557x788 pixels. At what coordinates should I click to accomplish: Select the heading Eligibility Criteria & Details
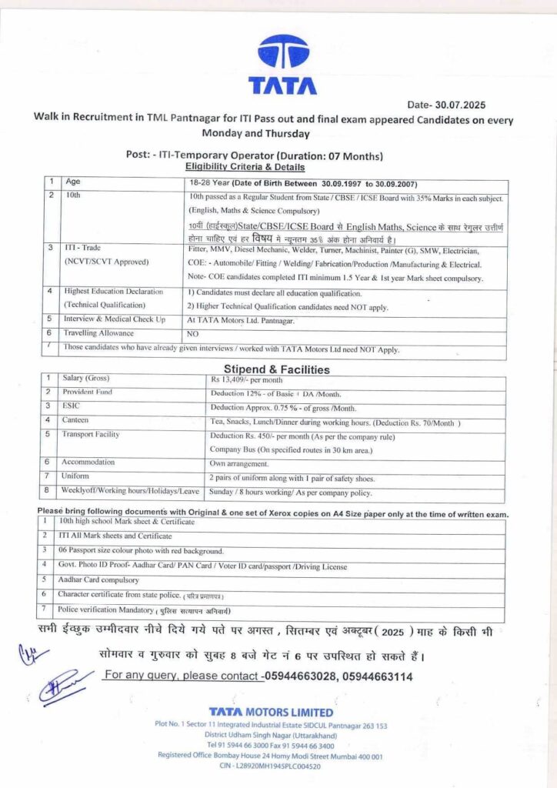click(245, 166)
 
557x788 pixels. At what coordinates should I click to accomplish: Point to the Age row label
click(73, 182)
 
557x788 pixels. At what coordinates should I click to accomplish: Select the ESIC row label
click(72, 406)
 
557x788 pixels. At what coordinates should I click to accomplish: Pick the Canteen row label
click(76, 420)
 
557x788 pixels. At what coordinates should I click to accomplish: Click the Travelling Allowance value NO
click(193, 335)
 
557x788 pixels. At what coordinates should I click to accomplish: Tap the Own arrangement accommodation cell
click(240, 464)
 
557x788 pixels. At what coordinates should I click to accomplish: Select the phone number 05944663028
click(299, 676)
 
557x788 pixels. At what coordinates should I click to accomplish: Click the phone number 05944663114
click(376, 676)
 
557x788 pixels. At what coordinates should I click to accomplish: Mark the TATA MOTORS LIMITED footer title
click(271, 713)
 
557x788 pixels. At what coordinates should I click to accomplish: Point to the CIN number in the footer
click(270, 766)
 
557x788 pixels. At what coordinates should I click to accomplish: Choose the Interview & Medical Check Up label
click(115, 319)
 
